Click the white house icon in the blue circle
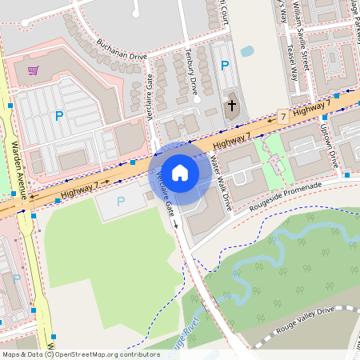tap(180, 173)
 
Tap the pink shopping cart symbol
tap(33, 70)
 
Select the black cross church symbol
tap(232, 105)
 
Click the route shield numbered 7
tap(283, 116)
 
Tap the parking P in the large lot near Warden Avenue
tap(58, 117)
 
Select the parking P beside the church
tap(225, 66)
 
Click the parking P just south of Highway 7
tap(121, 202)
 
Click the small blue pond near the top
tap(247, 51)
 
